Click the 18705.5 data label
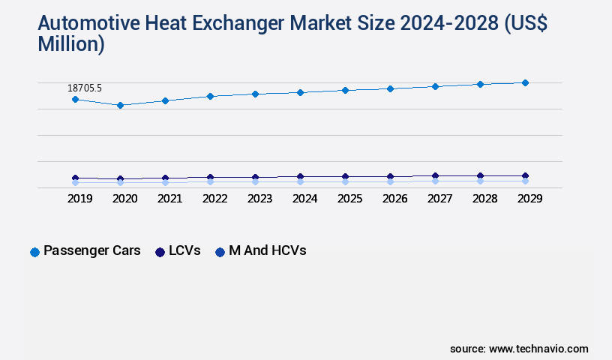85,88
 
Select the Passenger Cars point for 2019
75,99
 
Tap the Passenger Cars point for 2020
120,105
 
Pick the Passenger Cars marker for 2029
525,82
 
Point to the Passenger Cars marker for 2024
300,92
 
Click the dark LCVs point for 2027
435,176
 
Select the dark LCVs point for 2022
210,178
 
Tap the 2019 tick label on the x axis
80,199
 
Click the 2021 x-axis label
170,199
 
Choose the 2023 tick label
260,199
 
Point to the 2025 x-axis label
350,199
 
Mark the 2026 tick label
395,199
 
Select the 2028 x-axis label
485,199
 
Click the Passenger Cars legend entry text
92,251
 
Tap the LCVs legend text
184,251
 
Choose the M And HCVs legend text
268,251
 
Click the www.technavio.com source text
538,349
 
